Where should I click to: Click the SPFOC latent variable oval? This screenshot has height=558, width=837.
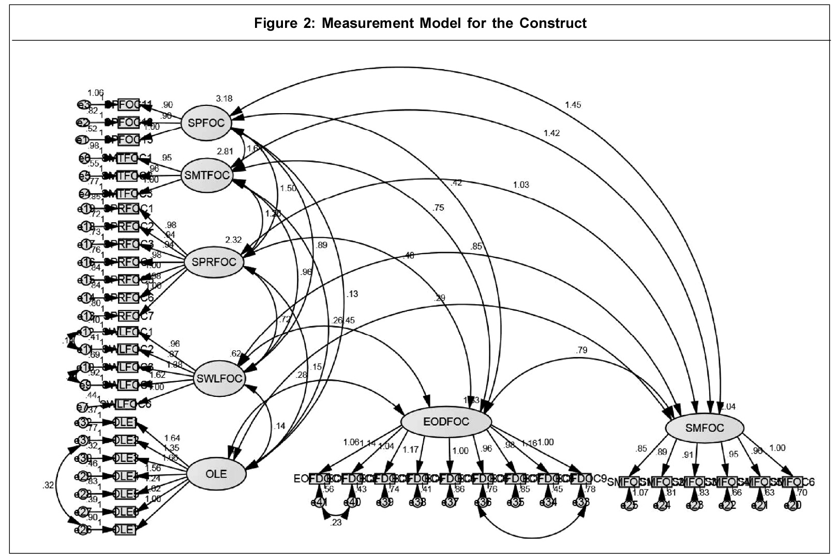pos(206,123)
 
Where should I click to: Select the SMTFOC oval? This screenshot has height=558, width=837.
pos(207,175)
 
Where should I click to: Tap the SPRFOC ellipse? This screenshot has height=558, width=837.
pos(214,262)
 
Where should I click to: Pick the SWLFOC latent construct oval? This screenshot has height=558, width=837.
pos(219,378)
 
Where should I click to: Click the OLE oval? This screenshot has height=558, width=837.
pos(216,473)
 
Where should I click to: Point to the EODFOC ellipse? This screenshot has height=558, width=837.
pos(446,422)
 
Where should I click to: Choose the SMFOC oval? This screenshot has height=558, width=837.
pos(704,428)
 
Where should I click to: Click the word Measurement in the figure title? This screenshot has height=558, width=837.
pos(365,23)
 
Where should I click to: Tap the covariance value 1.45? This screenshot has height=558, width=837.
pos(573,105)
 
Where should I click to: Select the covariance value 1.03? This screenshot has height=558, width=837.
pos(521,184)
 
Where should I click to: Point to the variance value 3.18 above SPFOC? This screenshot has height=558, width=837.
pos(224,98)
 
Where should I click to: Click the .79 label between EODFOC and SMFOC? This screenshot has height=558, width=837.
pos(581,350)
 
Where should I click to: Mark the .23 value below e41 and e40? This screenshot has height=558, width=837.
pos(336,522)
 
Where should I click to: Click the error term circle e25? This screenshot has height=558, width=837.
pos(629,505)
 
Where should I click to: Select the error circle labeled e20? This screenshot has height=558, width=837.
pos(793,505)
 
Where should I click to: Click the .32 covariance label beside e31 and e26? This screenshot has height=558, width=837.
pos(49,485)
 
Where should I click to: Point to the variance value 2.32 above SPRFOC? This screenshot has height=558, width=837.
pos(233,240)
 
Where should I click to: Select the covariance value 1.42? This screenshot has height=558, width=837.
pos(551,133)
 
